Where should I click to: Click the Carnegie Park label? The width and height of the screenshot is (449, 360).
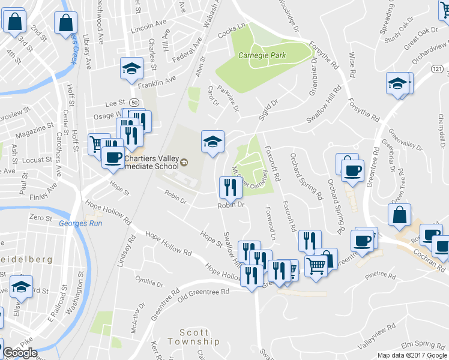click(261, 55)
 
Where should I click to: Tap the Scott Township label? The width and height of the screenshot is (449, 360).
click(193, 337)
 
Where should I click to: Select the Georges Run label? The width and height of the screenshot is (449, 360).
click(76, 224)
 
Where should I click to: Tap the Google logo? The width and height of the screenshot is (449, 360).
click(19, 352)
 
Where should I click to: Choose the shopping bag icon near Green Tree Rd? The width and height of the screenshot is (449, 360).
click(399, 215)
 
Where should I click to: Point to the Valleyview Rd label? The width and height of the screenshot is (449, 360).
click(376, 335)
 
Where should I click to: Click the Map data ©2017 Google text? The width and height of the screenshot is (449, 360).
click(412, 355)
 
